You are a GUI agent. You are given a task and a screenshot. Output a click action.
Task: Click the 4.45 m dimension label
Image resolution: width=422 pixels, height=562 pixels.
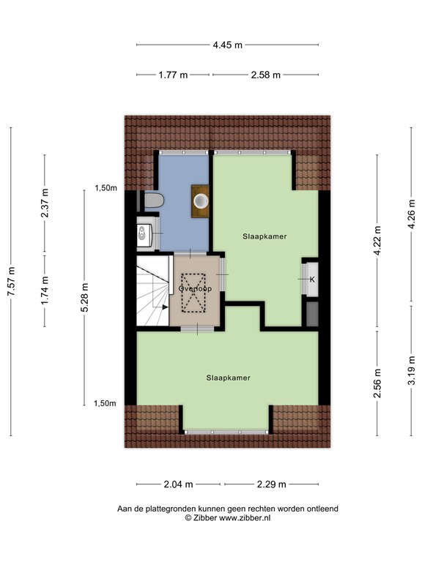tap(227, 45)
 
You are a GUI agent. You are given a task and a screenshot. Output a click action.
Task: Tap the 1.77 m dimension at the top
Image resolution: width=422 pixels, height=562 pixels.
tap(174, 75)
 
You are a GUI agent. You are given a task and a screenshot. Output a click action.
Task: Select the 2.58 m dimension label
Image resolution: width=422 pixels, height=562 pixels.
tap(265, 75)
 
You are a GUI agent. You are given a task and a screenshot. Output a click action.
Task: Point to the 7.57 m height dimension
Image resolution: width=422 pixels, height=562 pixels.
tap(12, 281)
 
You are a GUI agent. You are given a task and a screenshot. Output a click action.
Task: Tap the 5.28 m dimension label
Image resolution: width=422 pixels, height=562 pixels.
tap(86, 299)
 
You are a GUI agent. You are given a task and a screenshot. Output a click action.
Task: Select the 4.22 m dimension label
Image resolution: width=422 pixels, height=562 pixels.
tap(377, 241)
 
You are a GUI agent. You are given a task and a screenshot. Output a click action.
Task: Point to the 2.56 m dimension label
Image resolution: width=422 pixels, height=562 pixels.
tap(377, 384)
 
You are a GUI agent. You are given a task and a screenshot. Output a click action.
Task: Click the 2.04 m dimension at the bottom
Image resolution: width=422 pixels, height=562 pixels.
tap(179, 484)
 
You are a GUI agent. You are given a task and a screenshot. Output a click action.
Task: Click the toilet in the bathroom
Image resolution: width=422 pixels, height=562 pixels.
tap(153, 200)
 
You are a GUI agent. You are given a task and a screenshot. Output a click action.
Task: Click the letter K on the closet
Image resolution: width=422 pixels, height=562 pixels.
tap(312, 280)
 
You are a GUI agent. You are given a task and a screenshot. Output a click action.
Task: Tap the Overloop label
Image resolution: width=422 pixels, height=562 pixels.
tap(195, 289)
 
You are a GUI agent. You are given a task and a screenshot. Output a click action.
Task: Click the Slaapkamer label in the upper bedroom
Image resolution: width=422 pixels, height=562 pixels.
tap(264, 236)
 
